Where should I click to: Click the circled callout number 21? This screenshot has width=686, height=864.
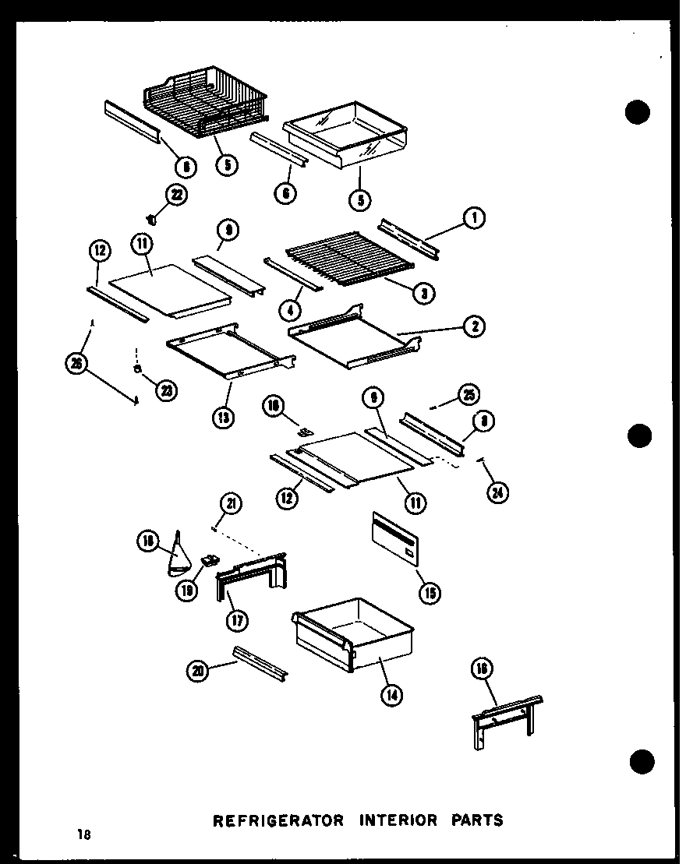pos(231,504)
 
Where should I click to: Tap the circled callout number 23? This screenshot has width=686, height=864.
pos(166,390)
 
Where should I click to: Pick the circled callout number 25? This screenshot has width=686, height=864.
pos(469,394)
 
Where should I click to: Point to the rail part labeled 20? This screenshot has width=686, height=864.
pos(260,662)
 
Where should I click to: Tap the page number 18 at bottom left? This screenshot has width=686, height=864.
pos(83,835)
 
